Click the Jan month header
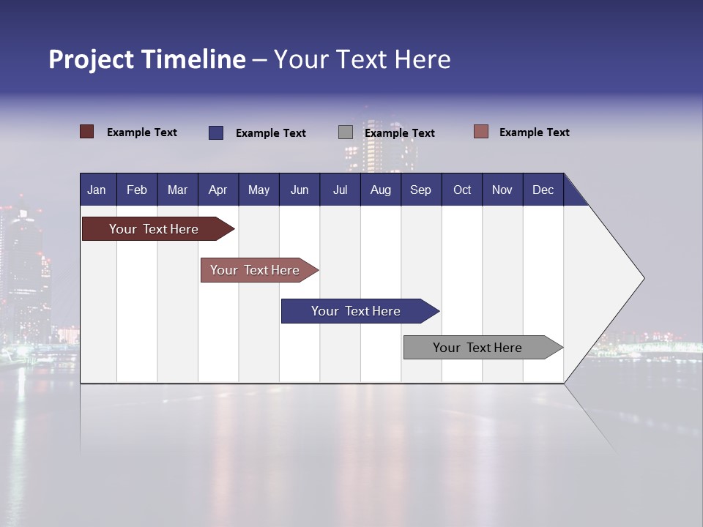(x=97, y=190)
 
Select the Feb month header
(x=137, y=190)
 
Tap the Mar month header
(x=177, y=190)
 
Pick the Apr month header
(x=217, y=190)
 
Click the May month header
(x=258, y=190)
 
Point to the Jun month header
(x=300, y=190)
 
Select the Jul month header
(x=340, y=190)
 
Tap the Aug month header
(x=380, y=190)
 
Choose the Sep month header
(x=420, y=190)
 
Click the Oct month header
(x=462, y=190)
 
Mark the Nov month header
(x=502, y=190)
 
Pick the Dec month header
(x=543, y=190)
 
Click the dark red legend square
(x=87, y=132)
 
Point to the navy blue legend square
(x=216, y=132)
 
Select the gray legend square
(x=346, y=132)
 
